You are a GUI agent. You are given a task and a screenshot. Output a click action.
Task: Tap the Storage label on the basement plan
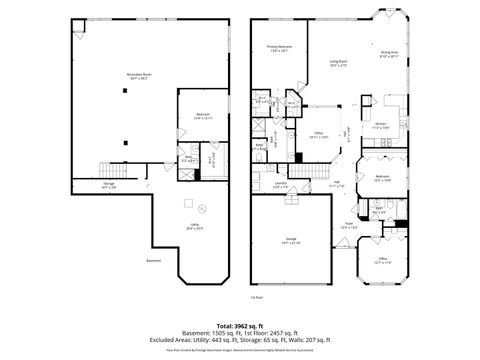point(108,187)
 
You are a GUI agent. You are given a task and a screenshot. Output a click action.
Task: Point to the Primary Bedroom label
point(279,48)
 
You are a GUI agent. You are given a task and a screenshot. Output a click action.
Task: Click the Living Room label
point(339,63)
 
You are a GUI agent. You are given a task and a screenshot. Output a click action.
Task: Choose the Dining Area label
point(389,54)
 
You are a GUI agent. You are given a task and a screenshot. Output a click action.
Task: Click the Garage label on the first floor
point(291,241)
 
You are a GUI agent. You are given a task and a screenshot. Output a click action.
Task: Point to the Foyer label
point(350,225)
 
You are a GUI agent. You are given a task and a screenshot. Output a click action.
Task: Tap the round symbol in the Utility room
point(200,208)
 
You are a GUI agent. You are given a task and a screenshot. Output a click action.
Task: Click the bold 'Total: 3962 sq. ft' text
point(239,326)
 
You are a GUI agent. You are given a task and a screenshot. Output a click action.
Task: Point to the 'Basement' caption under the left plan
point(153,262)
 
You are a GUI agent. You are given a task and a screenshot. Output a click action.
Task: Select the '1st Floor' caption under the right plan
point(256,297)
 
